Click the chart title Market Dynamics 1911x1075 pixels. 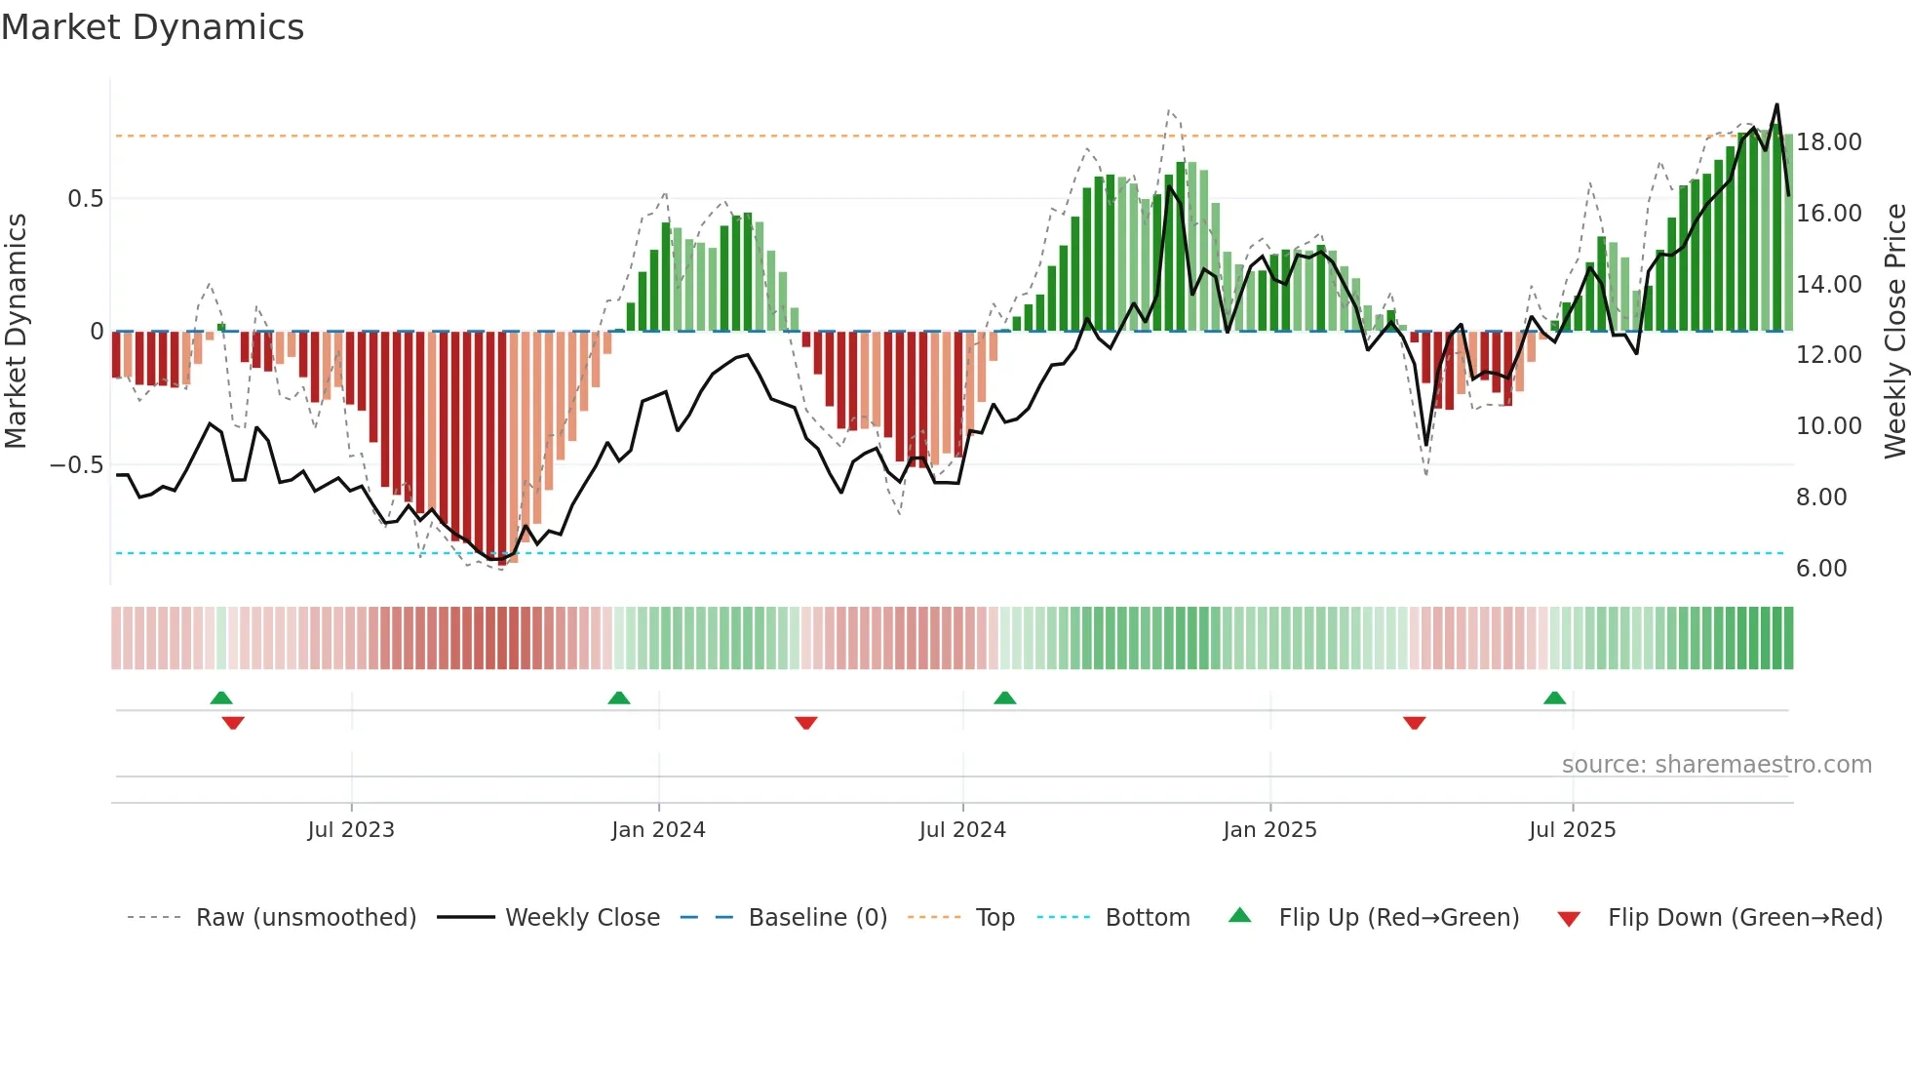pyautogui.click(x=153, y=27)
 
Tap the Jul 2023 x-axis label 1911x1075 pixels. pyautogui.click(x=351, y=829)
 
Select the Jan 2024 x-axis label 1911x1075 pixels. pyautogui.click(x=658, y=829)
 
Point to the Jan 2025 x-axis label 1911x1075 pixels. pyautogui.click(x=1269, y=829)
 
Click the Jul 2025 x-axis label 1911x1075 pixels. pyautogui.click(x=1572, y=829)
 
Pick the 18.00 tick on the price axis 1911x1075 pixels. pyautogui.click(x=1829, y=142)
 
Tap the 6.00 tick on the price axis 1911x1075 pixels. pyautogui.click(x=1821, y=569)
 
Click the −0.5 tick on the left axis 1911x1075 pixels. pyautogui.click(x=76, y=465)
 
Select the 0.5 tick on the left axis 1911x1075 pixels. pyautogui.click(x=85, y=199)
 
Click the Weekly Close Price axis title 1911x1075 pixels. pyautogui.click(x=1894, y=331)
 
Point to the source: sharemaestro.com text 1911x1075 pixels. pyautogui.click(x=1716, y=765)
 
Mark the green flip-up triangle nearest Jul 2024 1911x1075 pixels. pyautogui.click(x=1005, y=697)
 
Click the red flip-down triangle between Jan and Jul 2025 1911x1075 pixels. pyautogui.click(x=1415, y=723)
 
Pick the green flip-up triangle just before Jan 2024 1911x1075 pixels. pyautogui.click(x=619, y=697)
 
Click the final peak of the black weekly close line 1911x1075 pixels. pyautogui.click(x=1776, y=104)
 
